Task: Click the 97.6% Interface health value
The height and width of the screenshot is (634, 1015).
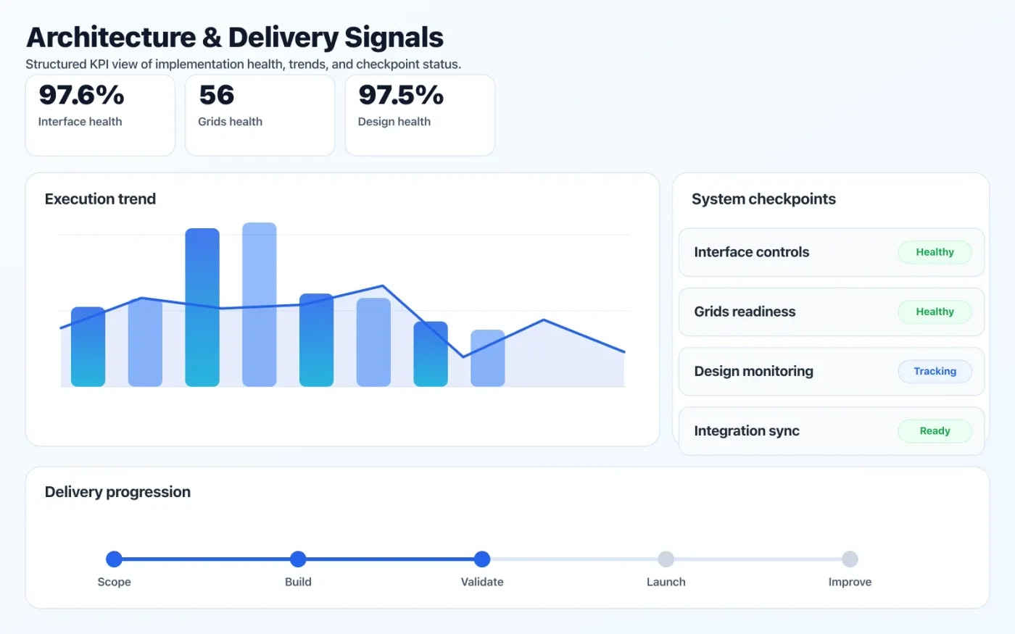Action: (x=81, y=96)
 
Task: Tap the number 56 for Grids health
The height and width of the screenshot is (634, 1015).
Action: (x=216, y=96)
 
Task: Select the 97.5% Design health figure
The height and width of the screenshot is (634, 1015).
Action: (x=401, y=96)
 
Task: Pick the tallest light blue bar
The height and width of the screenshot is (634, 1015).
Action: (x=259, y=304)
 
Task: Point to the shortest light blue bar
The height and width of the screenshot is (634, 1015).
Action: (x=487, y=358)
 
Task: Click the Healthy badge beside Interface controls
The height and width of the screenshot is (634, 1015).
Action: (x=935, y=252)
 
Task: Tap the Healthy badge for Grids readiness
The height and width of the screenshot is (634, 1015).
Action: (x=935, y=312)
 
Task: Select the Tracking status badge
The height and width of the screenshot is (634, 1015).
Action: (x=935, y=371)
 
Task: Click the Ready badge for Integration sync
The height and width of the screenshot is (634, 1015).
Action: (x=935, y=430)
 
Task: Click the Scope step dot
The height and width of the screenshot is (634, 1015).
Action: (x=114, y=559)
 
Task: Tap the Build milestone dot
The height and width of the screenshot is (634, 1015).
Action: (x=298, y=559)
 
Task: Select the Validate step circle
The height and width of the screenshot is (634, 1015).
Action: (x=482, y=559)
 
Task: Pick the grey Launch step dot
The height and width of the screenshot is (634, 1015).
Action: (x=666, y=559)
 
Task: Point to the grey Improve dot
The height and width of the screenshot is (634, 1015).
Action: (x=850, y=559)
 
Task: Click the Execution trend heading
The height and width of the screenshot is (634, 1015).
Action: (x=100, y=199)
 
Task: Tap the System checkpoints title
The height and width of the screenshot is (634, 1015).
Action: (x=763, y=199)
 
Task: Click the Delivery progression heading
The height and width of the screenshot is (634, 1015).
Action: (x=117, y=492)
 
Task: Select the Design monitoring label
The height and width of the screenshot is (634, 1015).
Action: (x=753, y=371)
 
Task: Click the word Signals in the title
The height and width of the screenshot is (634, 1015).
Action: (x=393, y=38)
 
